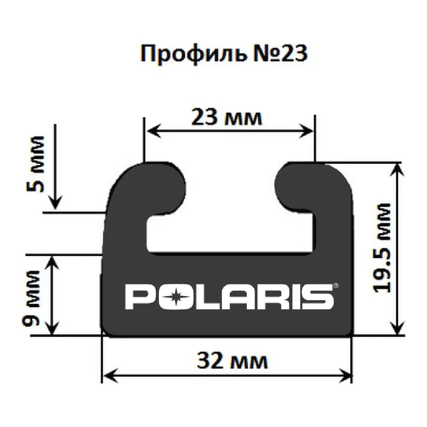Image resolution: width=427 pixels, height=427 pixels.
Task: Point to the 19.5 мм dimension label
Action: (381, 248)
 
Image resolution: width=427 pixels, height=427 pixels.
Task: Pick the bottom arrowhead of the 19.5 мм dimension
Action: (398, 330)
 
